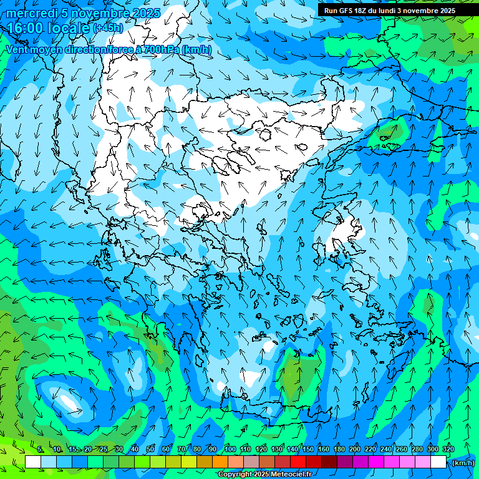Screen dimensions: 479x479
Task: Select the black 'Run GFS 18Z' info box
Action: point(389,10)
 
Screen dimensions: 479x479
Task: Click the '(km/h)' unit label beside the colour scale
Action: point(463,463)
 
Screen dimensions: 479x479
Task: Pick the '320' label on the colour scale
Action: point(448,449)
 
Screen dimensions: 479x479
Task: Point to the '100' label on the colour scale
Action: point(230,449)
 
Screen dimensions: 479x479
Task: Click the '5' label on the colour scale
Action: point(40,449)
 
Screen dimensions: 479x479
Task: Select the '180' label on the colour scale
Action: point(339,449)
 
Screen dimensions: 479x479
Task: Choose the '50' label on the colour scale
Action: point(150,449)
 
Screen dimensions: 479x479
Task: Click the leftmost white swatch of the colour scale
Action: point(33,462)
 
